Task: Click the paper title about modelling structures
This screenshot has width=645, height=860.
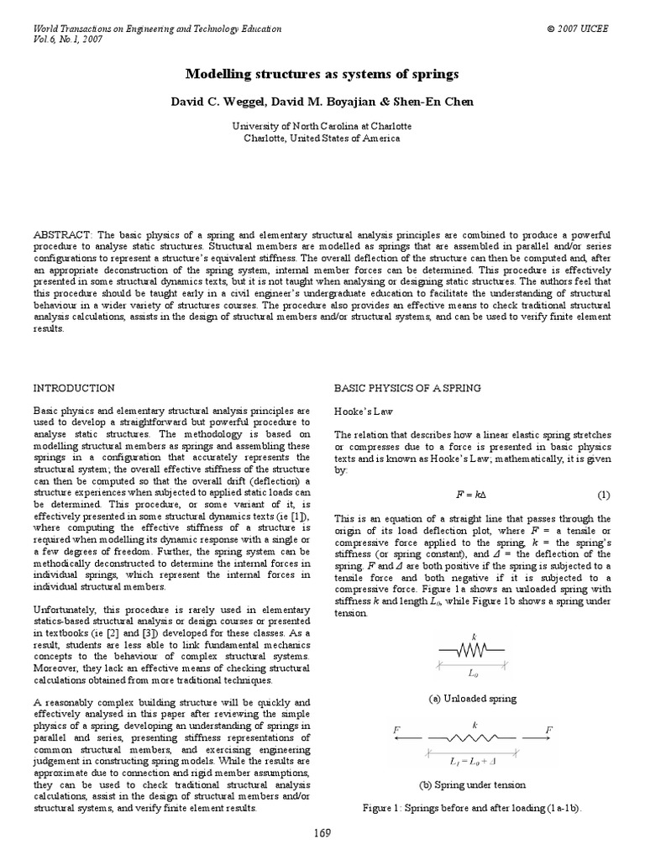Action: pyautogui.click(x=322, y=75)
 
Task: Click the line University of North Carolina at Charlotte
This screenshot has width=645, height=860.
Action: pyautogui.click(x=322, y=126)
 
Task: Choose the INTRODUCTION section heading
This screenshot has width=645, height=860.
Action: pyautogui.click(x=73, y=388)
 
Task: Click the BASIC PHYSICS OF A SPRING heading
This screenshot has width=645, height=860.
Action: pyautogui.click(x=407, y=388)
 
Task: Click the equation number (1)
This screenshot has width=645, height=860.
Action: pyautogui.click(x=603, y=495)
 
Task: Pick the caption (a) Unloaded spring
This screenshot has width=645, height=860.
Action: pyautogui.click(x=473, y=698)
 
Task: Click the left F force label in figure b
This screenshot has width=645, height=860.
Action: pyautogui.click(x=396, y=731)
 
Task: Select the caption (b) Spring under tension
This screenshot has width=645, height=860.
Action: pyautogui.click(x=473, y=784)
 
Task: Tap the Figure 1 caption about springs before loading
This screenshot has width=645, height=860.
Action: pyautogui.click(x=473, y=807)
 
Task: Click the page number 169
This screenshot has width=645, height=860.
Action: pyautogui.click(x=322, y=833)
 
